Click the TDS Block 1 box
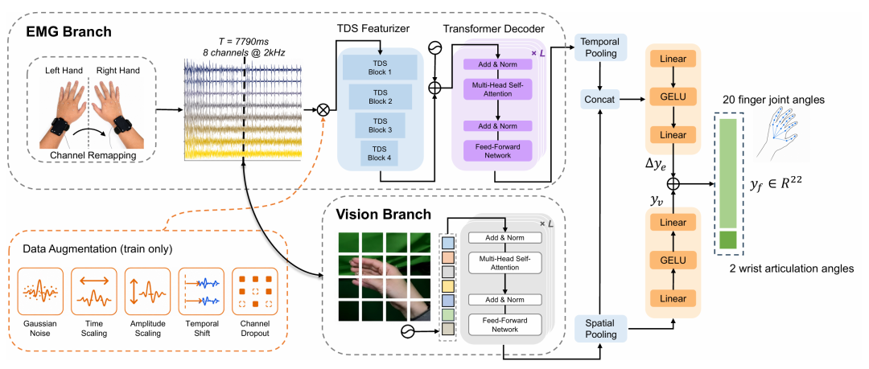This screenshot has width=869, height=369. (x=380, y=67)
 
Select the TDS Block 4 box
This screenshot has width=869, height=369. (x=380, y=153)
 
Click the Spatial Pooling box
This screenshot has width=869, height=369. (x=600, y=329)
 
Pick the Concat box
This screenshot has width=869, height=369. (x=600, y=100)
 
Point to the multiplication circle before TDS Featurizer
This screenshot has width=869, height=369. (x=323, y=109)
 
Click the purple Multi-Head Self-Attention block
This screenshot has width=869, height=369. (x=498, y=88)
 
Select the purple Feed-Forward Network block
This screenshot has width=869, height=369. (x=498, y=150)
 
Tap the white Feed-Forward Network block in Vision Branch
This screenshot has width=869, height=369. (x=504, y=323)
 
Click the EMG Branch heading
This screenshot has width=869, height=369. (x=69, y=31)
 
